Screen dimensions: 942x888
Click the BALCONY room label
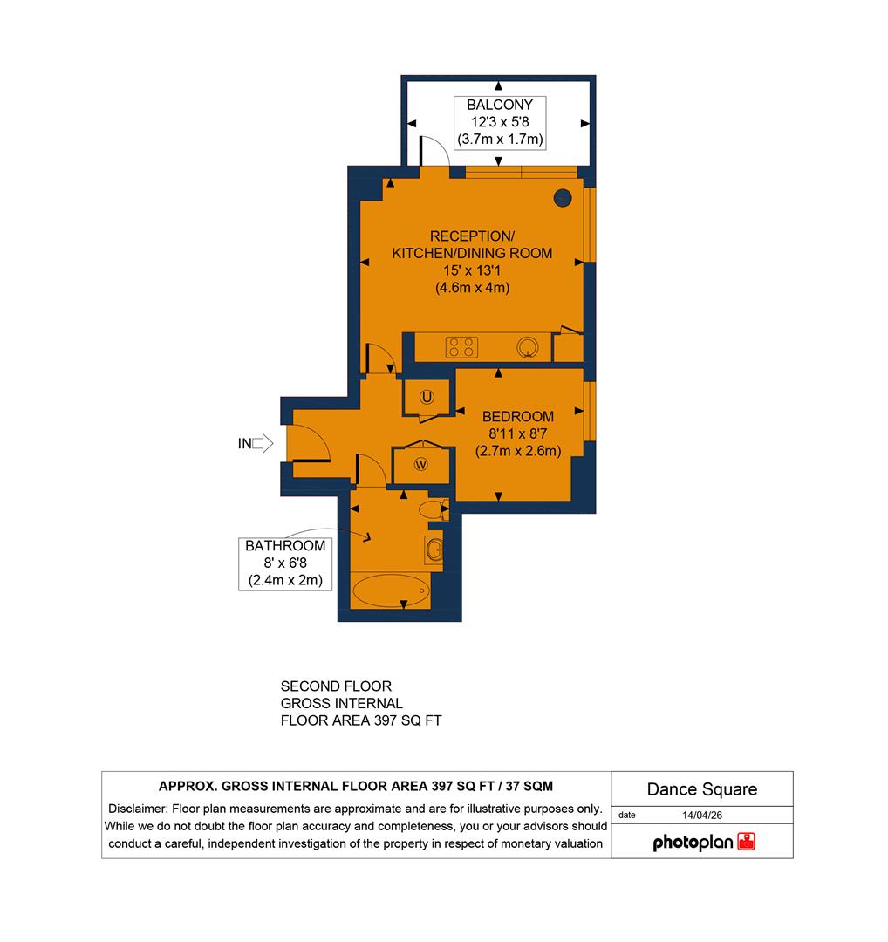pyautogui.click(x=499, y=105)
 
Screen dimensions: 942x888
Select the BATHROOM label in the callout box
pyautogui.click(x=285, y=546)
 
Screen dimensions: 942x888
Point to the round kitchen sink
pyautogui.click(x=528, y=348)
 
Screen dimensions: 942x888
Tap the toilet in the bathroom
pyautogui.click(x=432, y=509)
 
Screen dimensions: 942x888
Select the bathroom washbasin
pyautogui.click(x=434, y=549)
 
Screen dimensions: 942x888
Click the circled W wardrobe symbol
pyautogui.click(x=421, y=464)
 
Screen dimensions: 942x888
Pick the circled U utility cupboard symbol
pyautogui.click(x=427, y=398)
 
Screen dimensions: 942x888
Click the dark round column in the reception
pyautogui.click(x=563, y=198)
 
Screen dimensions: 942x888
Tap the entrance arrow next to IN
pyautogui.click(x=263, y=444)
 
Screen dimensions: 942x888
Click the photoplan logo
pyautogui.click(x=704, y=843)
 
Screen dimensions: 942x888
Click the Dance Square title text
pyautogui.click(x=702, y=789)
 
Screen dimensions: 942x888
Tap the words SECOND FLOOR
pyautogui.click(x=336, y=686)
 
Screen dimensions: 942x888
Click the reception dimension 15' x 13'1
pyautogui.click(x=472, y=270)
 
